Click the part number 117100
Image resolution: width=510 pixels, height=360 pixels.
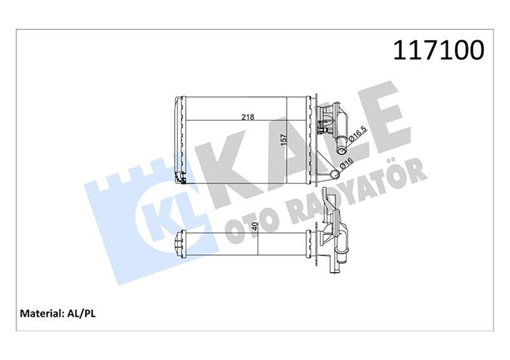tap(438, 51)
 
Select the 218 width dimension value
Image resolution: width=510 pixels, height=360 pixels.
tap(248, 117)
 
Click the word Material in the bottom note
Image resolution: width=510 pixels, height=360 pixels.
tap(39, 313)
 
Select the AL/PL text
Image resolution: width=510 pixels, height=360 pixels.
tap(80, 313)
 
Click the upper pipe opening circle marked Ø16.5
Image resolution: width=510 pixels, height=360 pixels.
tap(342, 150)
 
